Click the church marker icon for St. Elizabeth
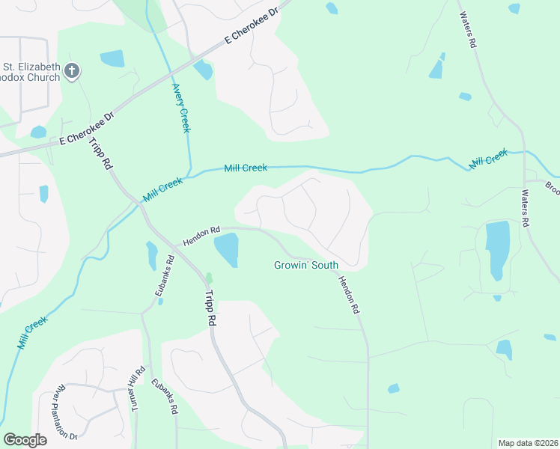73,72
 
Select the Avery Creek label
182,108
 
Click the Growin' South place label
305,265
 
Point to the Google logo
25,440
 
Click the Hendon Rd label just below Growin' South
349,294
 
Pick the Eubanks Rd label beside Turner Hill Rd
165,396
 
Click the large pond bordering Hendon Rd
226,248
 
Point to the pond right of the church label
112,58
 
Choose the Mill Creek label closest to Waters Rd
488,159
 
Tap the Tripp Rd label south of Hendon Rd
211,307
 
